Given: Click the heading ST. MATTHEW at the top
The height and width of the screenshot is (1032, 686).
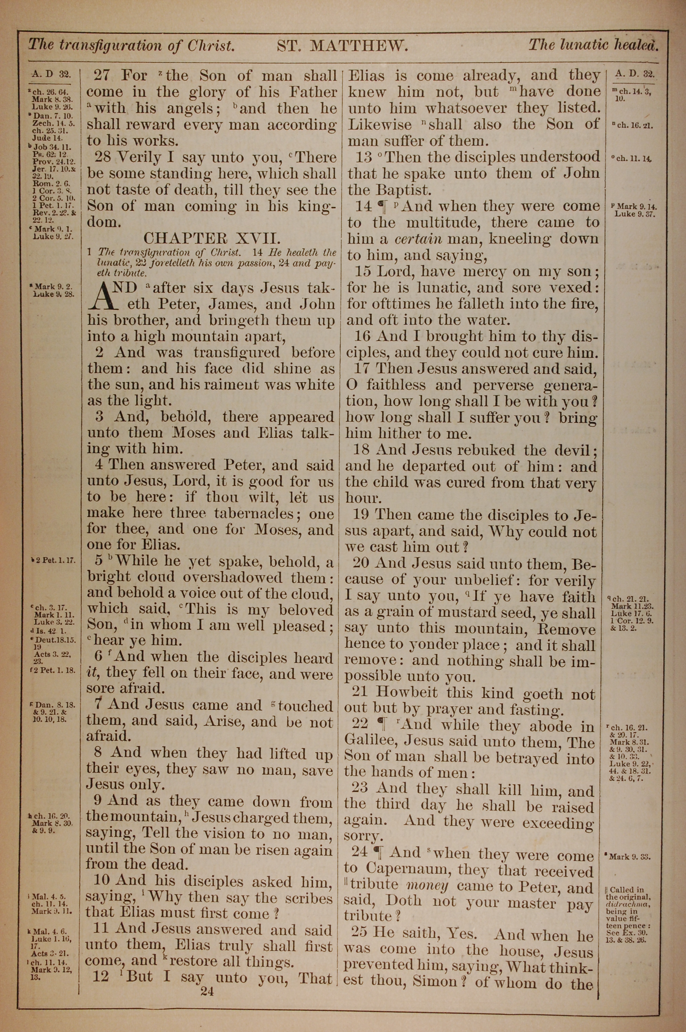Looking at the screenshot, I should [343, 46].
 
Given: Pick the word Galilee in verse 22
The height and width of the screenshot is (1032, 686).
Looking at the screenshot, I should [371, 741].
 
